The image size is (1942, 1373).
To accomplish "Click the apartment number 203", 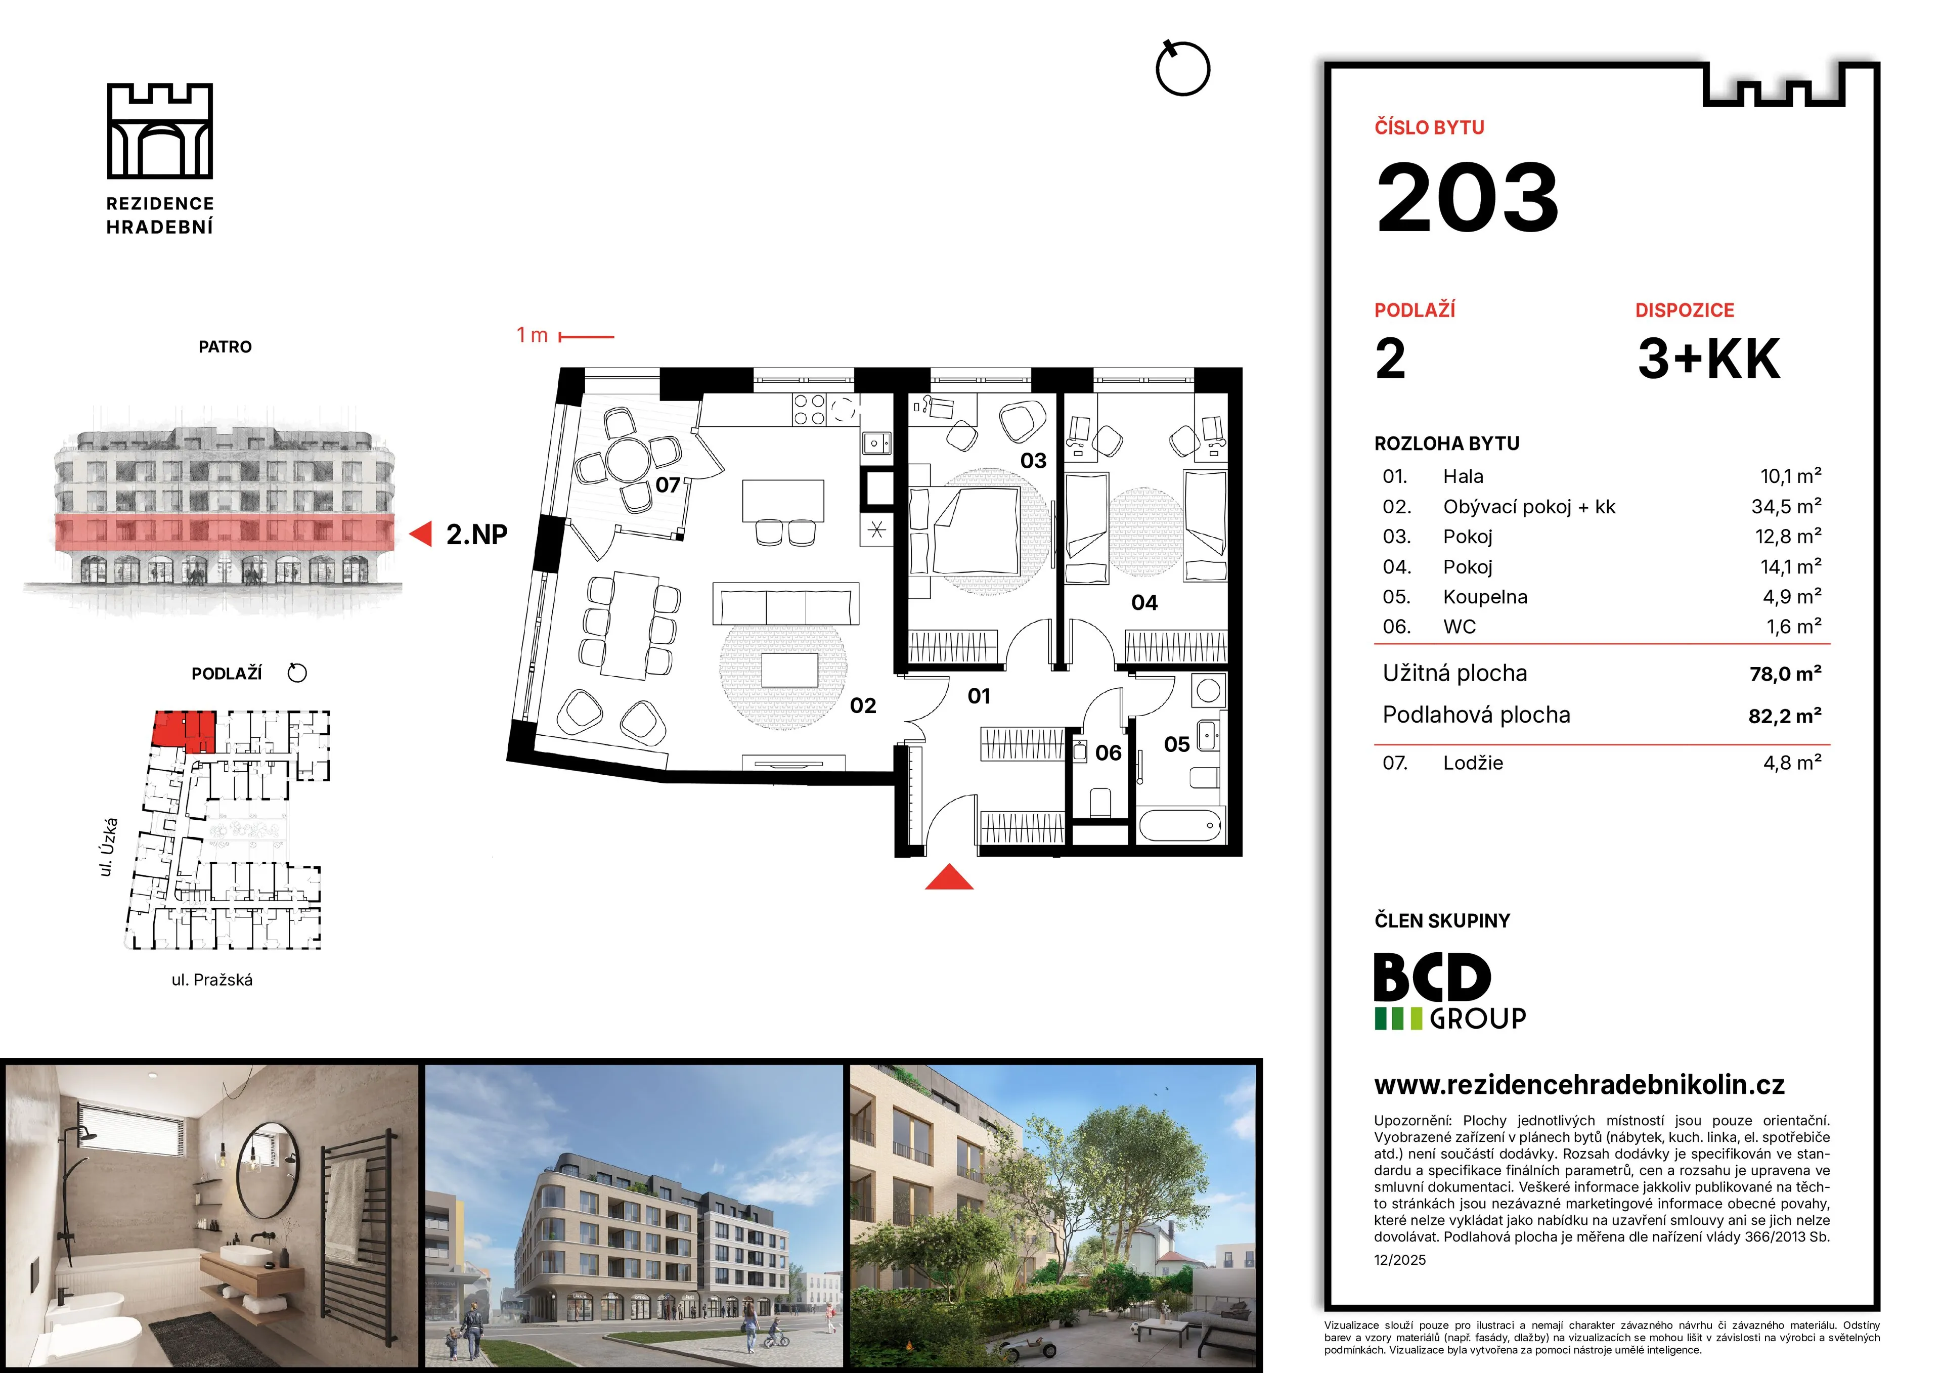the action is (x=1468, y=197).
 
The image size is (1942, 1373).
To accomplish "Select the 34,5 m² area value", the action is (x=1786, y=507).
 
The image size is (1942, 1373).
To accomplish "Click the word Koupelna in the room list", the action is (x=1485, y=597).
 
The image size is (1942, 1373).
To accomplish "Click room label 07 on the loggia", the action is (x=668, y=485).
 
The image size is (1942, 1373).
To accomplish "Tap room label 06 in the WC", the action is (x=1108, y=753).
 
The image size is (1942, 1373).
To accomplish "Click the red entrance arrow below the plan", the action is (x=949, y=877).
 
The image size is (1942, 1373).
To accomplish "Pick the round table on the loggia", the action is (x=629, y=459).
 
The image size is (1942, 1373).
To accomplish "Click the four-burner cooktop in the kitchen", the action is (x=809, y=410).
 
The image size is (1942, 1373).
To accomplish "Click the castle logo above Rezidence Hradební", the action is (x=160, y=131).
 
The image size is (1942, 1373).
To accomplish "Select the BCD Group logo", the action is (x=1450, y=991).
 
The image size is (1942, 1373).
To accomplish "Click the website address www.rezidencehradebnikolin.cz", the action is (x=1579, y=1085).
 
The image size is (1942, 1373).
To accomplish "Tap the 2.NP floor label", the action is (x=477, y=535).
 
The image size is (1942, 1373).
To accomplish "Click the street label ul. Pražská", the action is (x=212, y=980).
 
